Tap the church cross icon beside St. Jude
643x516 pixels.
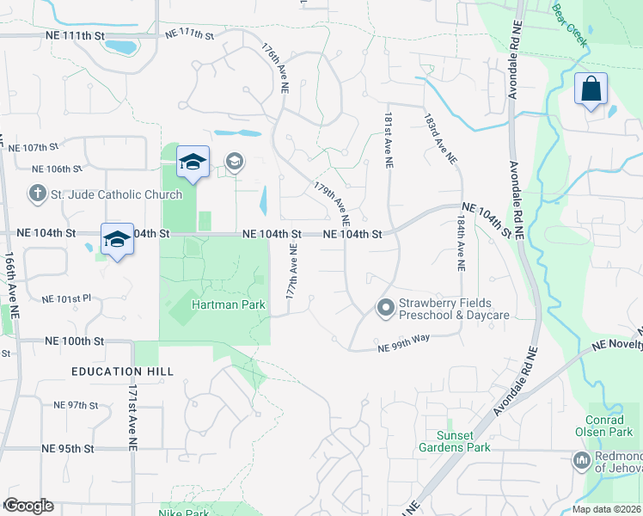[38, 193]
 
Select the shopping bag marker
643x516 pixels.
[591, 89]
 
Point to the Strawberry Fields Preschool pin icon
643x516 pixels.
[385, 306]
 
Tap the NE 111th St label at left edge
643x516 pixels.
[74, 35]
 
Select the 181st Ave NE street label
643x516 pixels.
[389, 133]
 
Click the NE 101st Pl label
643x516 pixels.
[66, 300]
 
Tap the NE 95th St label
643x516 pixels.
[67, 449]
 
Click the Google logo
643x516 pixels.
[28, 506]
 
